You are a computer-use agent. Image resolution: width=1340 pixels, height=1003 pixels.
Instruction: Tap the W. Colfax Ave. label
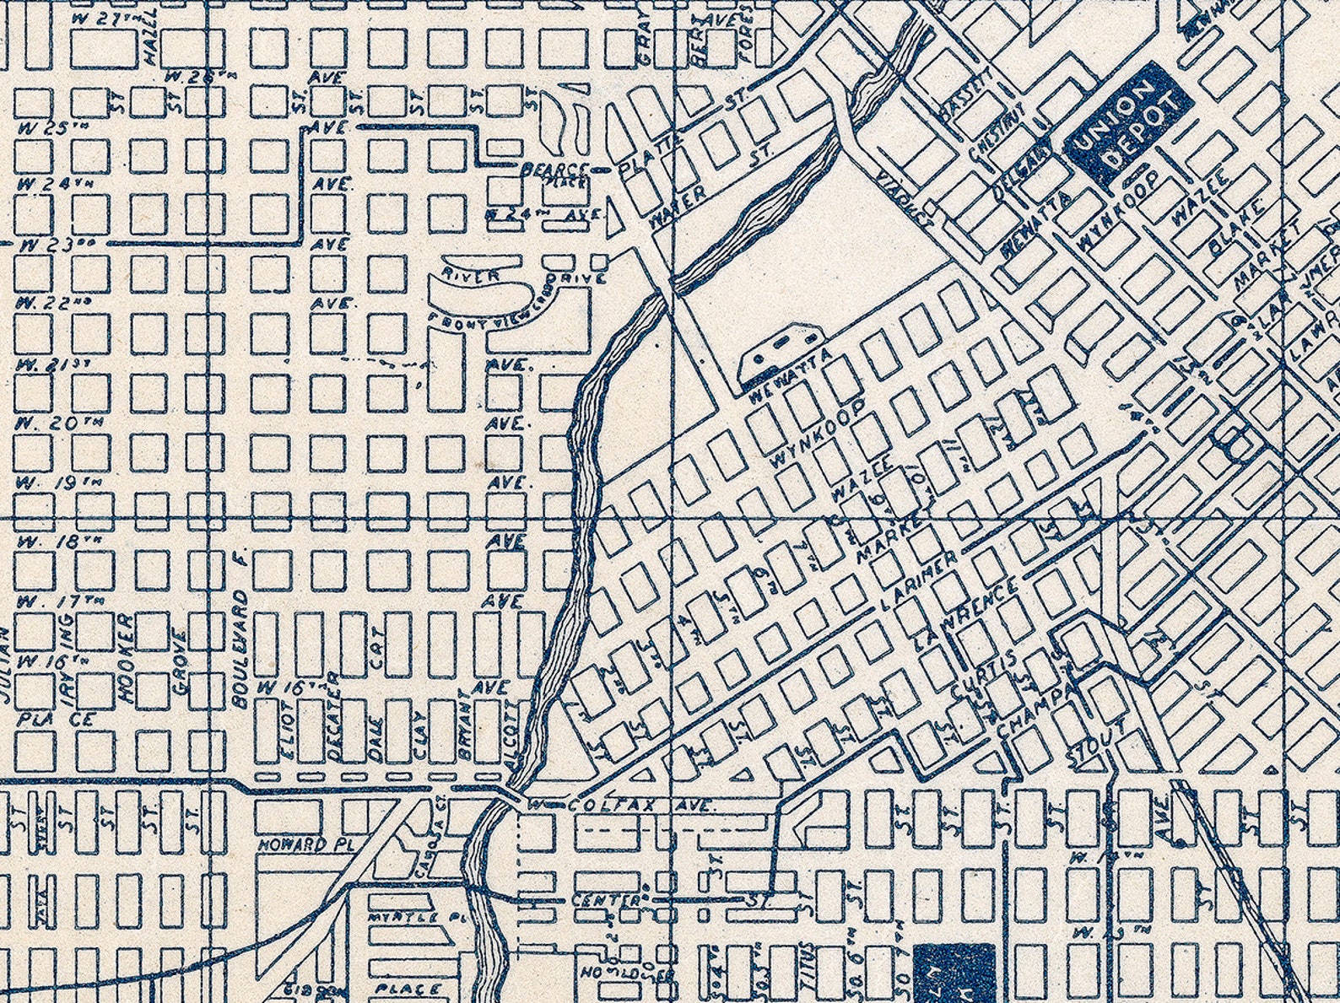tap(620, 806)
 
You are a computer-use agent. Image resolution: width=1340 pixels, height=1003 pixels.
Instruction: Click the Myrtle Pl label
tap(404, 917)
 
